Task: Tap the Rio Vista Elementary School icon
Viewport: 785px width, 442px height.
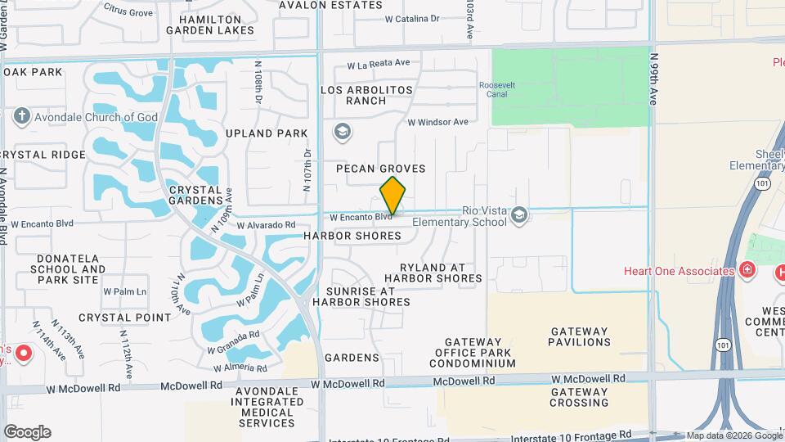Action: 518,215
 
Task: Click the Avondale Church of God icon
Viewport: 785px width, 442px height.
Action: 22,117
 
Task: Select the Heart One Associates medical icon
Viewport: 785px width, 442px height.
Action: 746,270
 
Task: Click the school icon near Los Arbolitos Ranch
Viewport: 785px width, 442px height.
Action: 343,132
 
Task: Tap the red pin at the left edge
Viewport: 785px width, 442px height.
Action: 23,354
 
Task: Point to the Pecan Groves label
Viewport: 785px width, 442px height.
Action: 381,169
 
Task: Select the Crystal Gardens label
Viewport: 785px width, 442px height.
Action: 195,194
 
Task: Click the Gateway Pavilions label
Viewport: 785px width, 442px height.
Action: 579,337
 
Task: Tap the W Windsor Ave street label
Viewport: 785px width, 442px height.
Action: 437,122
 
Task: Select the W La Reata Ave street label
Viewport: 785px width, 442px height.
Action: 378,63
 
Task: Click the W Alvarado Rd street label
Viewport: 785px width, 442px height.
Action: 266,224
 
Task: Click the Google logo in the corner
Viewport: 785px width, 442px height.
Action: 27,432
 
